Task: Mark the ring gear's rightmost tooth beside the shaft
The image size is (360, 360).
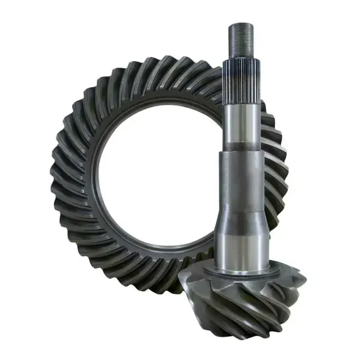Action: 280,170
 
